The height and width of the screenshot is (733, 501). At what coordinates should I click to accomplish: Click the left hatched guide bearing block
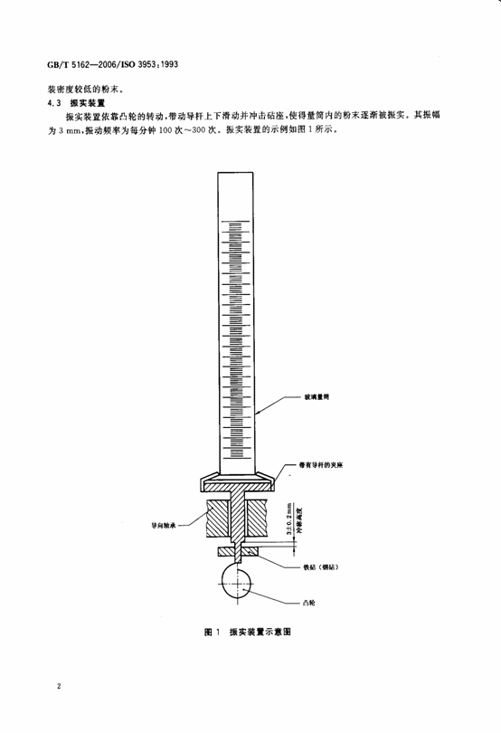coord(221,519)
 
